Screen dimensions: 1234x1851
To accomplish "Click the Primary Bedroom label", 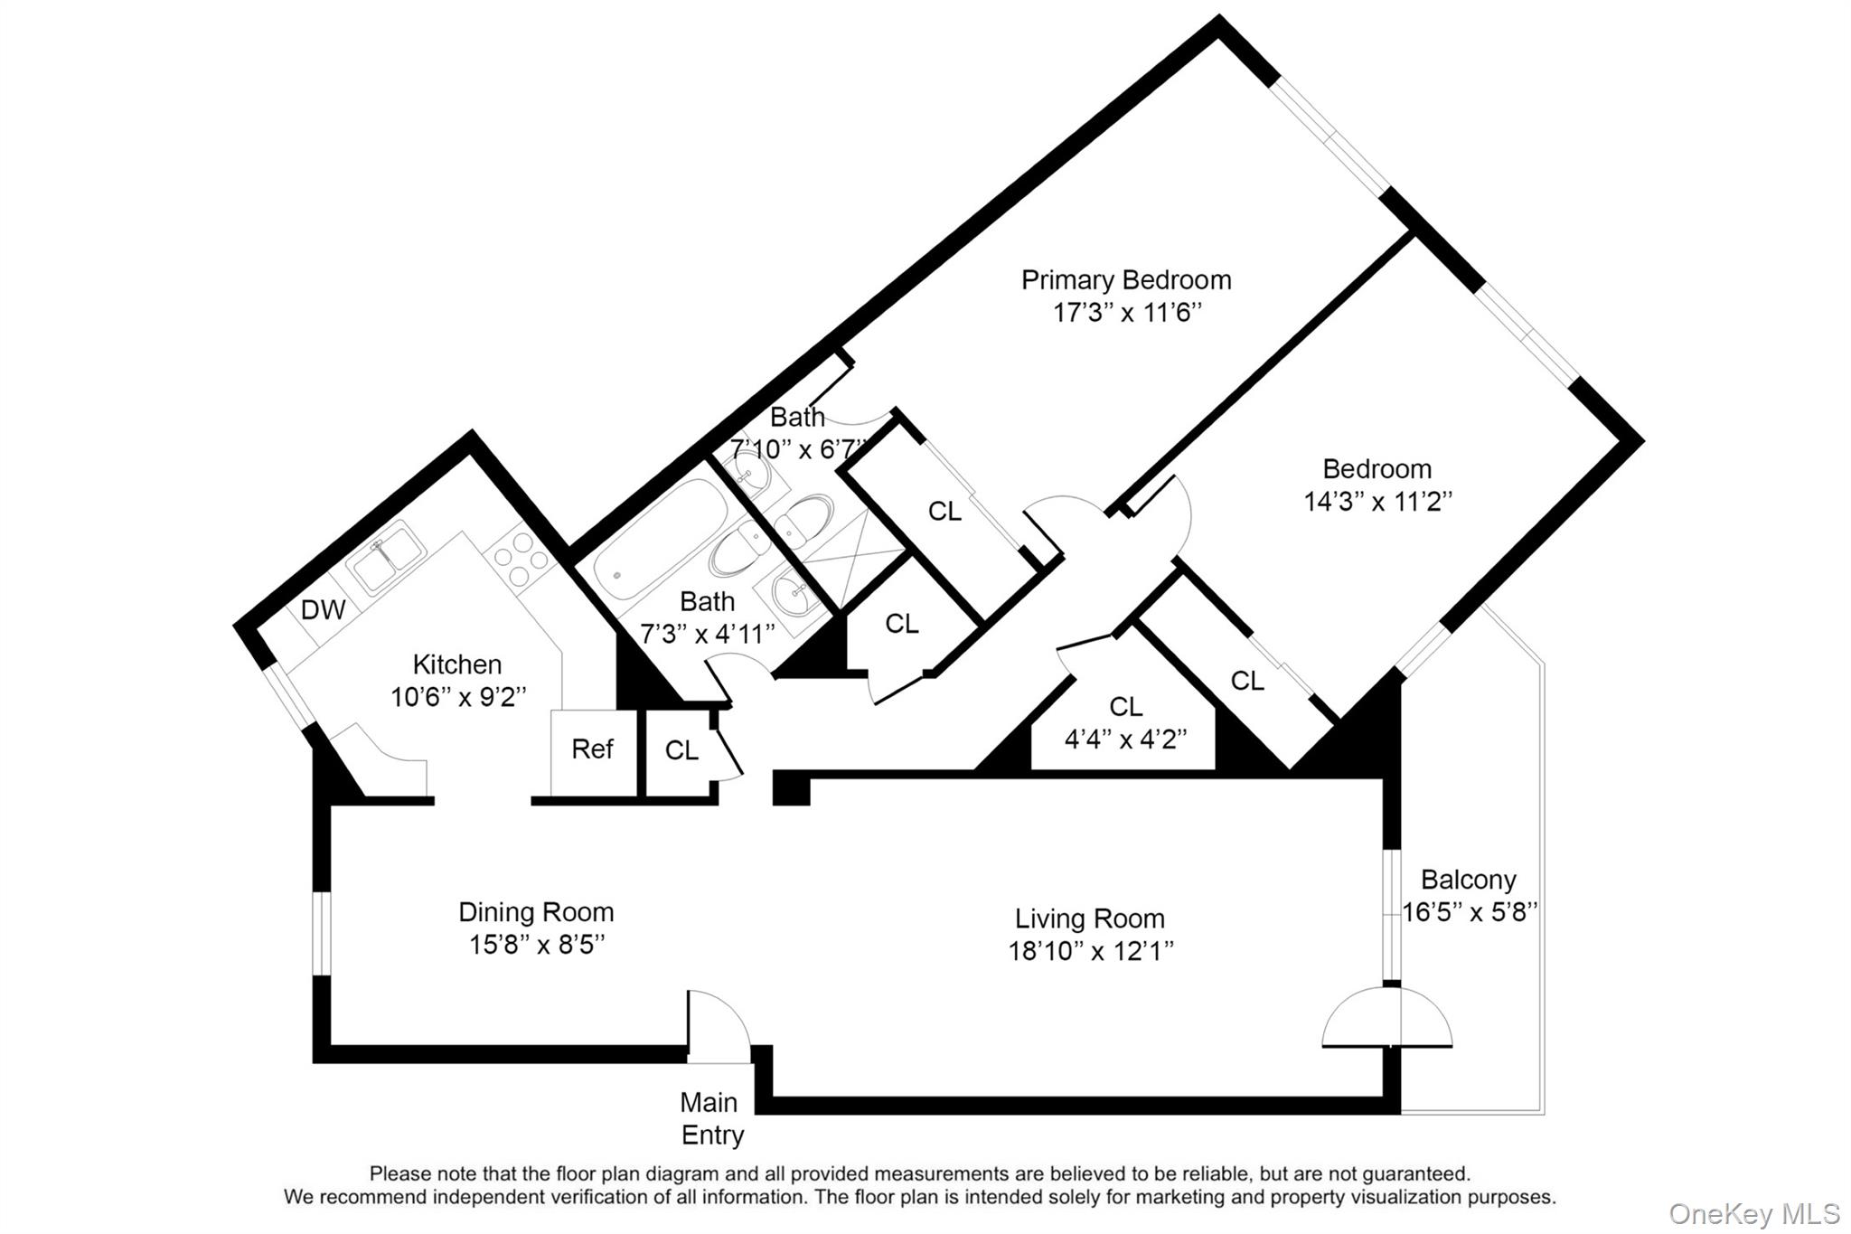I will point(1125,280).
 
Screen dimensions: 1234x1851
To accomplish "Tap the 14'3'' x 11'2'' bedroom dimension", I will point(1377,502).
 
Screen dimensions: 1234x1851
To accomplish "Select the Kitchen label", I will point(456,664).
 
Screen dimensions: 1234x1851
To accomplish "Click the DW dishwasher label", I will point(323,610).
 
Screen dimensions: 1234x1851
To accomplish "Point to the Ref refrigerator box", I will point(592,749).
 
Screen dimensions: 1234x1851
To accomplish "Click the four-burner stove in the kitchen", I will point(521,560).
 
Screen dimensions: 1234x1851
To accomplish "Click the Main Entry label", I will point(711,1118).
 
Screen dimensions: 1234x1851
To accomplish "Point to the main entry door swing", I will point(718,1026).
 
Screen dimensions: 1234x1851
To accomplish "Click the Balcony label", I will point(1468,880).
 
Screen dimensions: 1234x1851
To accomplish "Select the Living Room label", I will point(1089,918).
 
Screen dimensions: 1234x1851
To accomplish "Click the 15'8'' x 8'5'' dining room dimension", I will point(536,945).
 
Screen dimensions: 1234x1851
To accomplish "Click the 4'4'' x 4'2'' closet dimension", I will point(1125,739).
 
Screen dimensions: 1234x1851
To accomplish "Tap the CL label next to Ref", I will point(681,750).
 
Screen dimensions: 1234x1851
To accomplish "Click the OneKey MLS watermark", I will point(1753,1213).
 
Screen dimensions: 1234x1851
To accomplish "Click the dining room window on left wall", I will point(321,934).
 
